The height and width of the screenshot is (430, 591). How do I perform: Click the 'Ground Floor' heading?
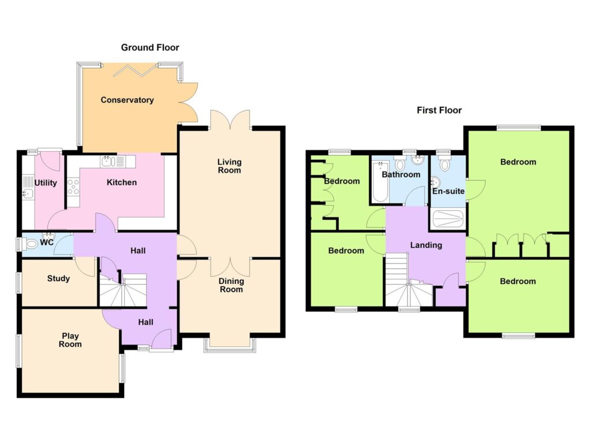[x=149, y=47]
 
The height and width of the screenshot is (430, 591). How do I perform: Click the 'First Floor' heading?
[x=439, y=110]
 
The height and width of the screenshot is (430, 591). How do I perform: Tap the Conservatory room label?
[x=127, y=100]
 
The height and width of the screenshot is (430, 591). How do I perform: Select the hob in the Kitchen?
[x=73, y=186]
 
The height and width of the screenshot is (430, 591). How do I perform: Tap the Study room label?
[x=58, y=279]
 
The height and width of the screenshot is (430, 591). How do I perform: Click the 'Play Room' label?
[x=70, y=340]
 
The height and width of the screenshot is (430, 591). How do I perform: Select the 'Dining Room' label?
[x=231, y=285]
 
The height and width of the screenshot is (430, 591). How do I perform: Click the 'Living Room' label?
[x=229, y=166]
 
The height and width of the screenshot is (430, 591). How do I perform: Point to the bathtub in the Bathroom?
[x=380, y=182]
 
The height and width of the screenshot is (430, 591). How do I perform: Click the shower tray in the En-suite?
[x=448, y=219]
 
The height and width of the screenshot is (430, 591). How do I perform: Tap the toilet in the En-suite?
[x=445, y=163]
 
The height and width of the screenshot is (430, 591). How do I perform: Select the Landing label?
[x=426, y=245]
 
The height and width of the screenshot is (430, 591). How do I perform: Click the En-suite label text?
[x=448, y=191]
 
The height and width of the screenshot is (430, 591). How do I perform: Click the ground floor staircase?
[x=123, y=289]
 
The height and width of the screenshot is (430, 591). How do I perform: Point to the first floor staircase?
[x=408, y=279]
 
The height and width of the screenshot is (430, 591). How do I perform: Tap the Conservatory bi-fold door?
[x=134, y=69]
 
